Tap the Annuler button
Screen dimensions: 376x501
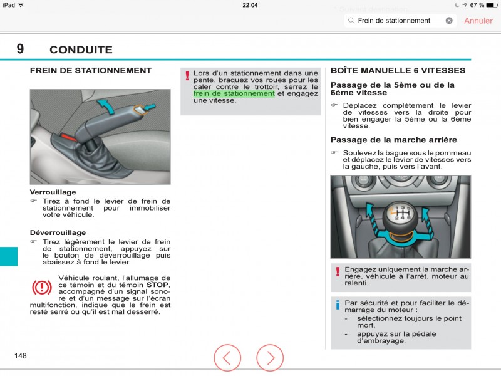(478, 21)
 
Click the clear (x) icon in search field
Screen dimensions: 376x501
(449, 21)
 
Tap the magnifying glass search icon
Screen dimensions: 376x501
(351, 21)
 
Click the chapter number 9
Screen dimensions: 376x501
(21, 49)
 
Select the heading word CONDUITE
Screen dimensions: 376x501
(81, 50)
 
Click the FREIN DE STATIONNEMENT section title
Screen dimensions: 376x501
(91, 71)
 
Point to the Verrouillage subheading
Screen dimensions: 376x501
(53, 192)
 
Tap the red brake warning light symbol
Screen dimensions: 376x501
(42, 288)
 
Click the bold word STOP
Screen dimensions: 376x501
(158, 285)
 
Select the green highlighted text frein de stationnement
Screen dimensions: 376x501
(234, 94)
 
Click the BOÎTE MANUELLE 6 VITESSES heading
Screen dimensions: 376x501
(398, 71)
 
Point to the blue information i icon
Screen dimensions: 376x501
(338, 305)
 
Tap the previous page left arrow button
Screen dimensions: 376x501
(227, 358)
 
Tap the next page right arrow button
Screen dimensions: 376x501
(270, 358)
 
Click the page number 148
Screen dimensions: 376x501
(21, 356)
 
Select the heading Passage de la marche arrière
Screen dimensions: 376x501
(393, 140)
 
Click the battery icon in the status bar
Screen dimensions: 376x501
(490, 5)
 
